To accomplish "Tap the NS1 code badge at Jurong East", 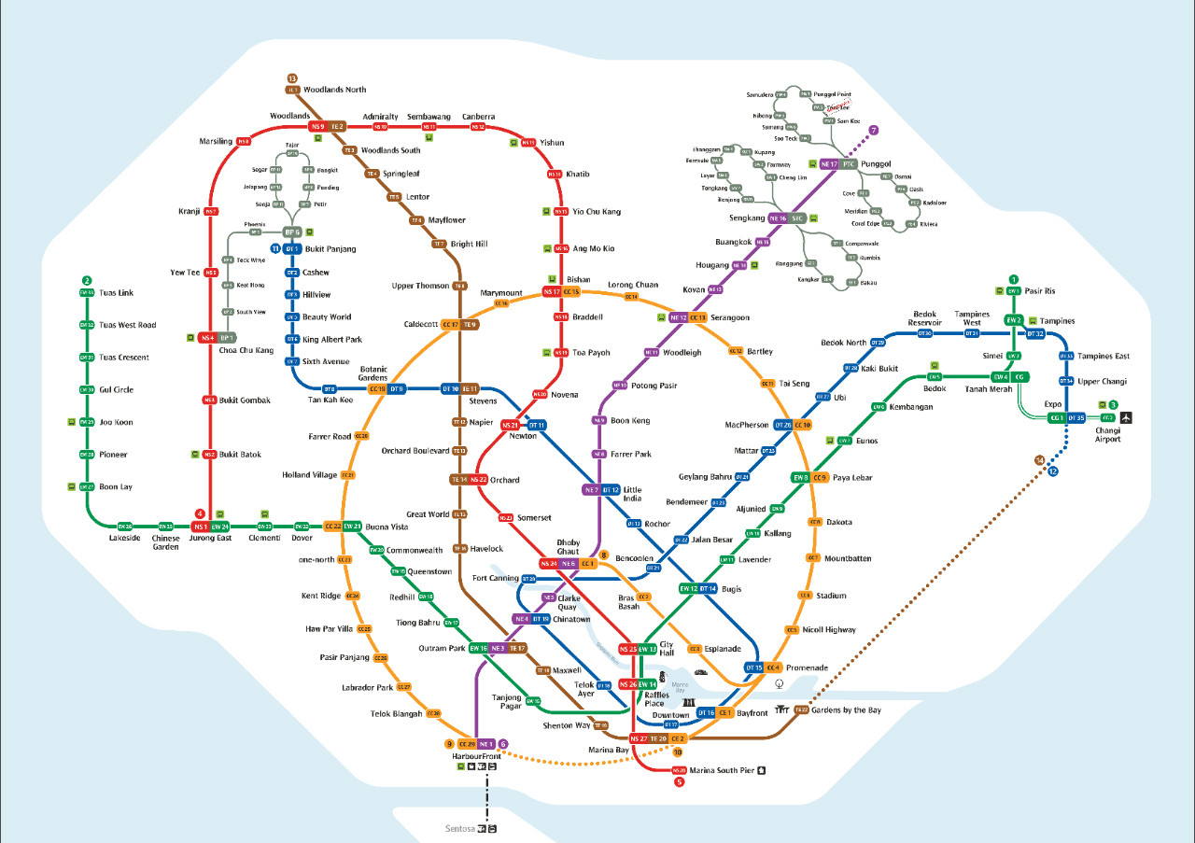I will click(200, 527).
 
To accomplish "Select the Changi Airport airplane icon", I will click(1126, 417).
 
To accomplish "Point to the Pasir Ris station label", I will click(1040, 290).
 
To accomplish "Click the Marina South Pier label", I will click(722, 770).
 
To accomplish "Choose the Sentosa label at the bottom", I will click(459, 828).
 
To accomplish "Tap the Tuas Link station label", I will click(117, 293).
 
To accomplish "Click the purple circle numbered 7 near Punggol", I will click(874, 131).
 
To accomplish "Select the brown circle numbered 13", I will click(292, 78).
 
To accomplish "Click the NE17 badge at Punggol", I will click(829, 164).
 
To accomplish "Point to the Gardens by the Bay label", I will click(846, 710).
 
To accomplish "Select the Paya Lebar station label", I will click(852, 478).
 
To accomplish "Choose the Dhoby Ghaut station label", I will click(569, 547).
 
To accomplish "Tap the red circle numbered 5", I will click(679, 781).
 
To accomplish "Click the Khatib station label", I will click(578, 175).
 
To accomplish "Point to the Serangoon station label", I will click(730, 318).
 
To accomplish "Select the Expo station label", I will click(1055, 405).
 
